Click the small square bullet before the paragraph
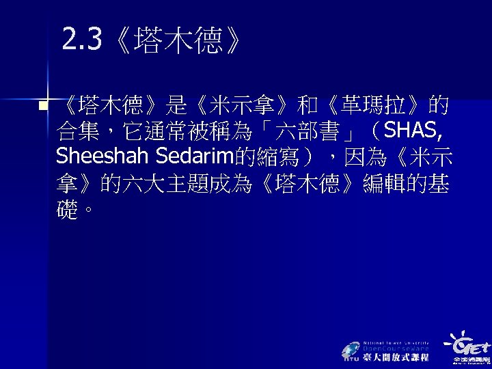43,106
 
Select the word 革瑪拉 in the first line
387,106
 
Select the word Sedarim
195,156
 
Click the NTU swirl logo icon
351,350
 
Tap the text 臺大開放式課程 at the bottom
396,357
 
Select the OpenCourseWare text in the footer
396,348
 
